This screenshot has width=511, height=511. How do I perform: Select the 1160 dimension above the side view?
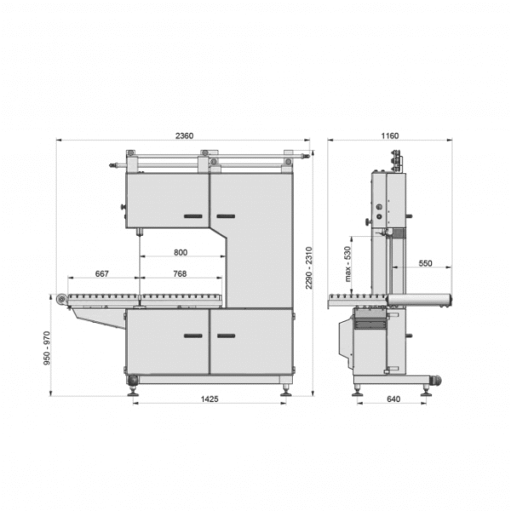(x=391, y=135)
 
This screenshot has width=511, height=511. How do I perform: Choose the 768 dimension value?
(x=180, y=274)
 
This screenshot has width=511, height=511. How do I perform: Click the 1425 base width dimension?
(x=210, y=399)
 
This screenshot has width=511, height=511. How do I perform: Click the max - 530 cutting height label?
(x=347, y=264)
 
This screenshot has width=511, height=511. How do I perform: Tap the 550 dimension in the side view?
(x=425, y=264)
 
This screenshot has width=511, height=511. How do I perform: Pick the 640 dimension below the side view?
(x=393, y=399)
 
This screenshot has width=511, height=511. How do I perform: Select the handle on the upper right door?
(x=225, y=217)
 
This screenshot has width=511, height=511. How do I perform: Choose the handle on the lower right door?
(x=225, y=336)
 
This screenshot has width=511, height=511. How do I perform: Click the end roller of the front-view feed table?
(x=61, y=297)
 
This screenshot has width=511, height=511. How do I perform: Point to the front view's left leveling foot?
(x=134, y=389)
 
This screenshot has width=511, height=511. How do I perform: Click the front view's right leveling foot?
(x=286, y=389)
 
